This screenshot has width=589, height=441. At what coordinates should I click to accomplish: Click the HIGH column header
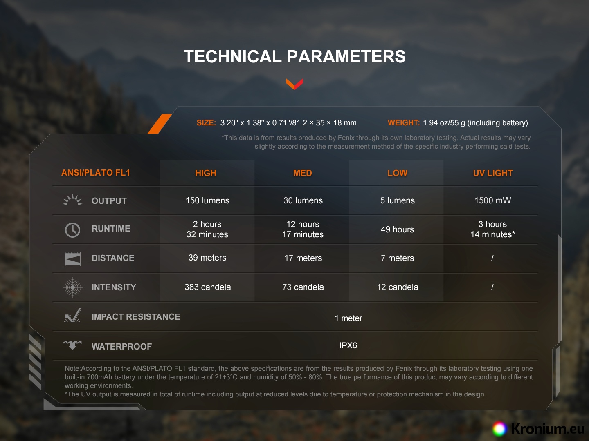click(206, 173)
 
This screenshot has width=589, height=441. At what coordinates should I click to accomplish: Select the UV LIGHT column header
click(492, 173)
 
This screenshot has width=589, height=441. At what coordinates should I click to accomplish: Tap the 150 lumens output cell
click(207, 200)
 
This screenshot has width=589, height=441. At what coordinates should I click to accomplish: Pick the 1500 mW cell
click(492, 200)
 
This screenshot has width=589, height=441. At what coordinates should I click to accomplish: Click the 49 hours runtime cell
click(397, 229)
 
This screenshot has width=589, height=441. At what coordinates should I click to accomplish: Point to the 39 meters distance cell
click(207, 258)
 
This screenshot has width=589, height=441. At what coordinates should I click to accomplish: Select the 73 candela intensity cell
click(303, 287)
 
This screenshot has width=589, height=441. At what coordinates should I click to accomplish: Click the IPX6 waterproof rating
click(348, 345)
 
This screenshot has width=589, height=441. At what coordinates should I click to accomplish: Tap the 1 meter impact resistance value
click(348, 318)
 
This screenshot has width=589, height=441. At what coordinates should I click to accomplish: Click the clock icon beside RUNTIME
click(72, 230)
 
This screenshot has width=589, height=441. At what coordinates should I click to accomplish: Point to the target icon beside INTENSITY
click(73, 287)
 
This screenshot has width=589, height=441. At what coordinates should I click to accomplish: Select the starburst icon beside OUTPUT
click(72, 200)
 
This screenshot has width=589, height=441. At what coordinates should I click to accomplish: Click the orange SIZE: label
click(206, 122)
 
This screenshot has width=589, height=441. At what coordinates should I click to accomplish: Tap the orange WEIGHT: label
click(404, 122)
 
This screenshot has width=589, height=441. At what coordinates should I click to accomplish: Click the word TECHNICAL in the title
click(233, 56)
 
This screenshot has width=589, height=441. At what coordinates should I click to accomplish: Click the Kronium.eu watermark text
click(547, 428)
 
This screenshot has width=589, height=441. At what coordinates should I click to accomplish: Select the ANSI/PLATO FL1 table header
click(96, 173)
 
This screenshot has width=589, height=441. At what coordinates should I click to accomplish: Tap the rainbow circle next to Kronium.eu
click(499, 429)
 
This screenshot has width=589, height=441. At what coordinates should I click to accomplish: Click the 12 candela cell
click(398, 287)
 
